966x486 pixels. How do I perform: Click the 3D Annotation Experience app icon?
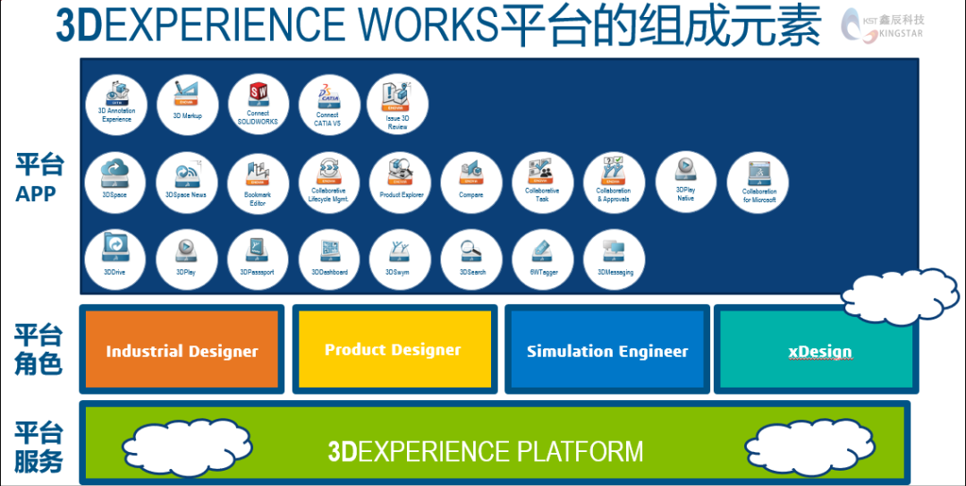click(x=114, y=104)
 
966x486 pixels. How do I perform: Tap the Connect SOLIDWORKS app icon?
click(x=258, y=104)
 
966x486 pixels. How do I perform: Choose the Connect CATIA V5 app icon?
click(x=328, y=104)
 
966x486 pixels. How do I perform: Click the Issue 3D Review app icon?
click(x=397, y=104)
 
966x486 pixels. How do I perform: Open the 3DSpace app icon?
click(x=114, y=182)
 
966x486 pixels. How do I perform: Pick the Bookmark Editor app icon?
click(x=258, y=182)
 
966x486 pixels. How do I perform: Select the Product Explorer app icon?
click(x=401, y=182)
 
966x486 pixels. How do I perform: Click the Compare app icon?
click(x=471, y=182)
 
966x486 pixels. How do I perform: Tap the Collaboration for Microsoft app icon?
click(x=758, y=182)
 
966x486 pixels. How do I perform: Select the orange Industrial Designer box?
click(x=182, y=350)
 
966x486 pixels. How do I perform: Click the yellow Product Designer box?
click(x=394, y=349)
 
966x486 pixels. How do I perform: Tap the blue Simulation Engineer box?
click(x=607, y=350)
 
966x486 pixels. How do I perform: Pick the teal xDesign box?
click(x=819, y=350)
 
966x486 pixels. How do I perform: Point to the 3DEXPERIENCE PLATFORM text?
click(x=486, y=451)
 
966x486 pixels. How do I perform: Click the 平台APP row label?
click(x=39, y=178)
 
